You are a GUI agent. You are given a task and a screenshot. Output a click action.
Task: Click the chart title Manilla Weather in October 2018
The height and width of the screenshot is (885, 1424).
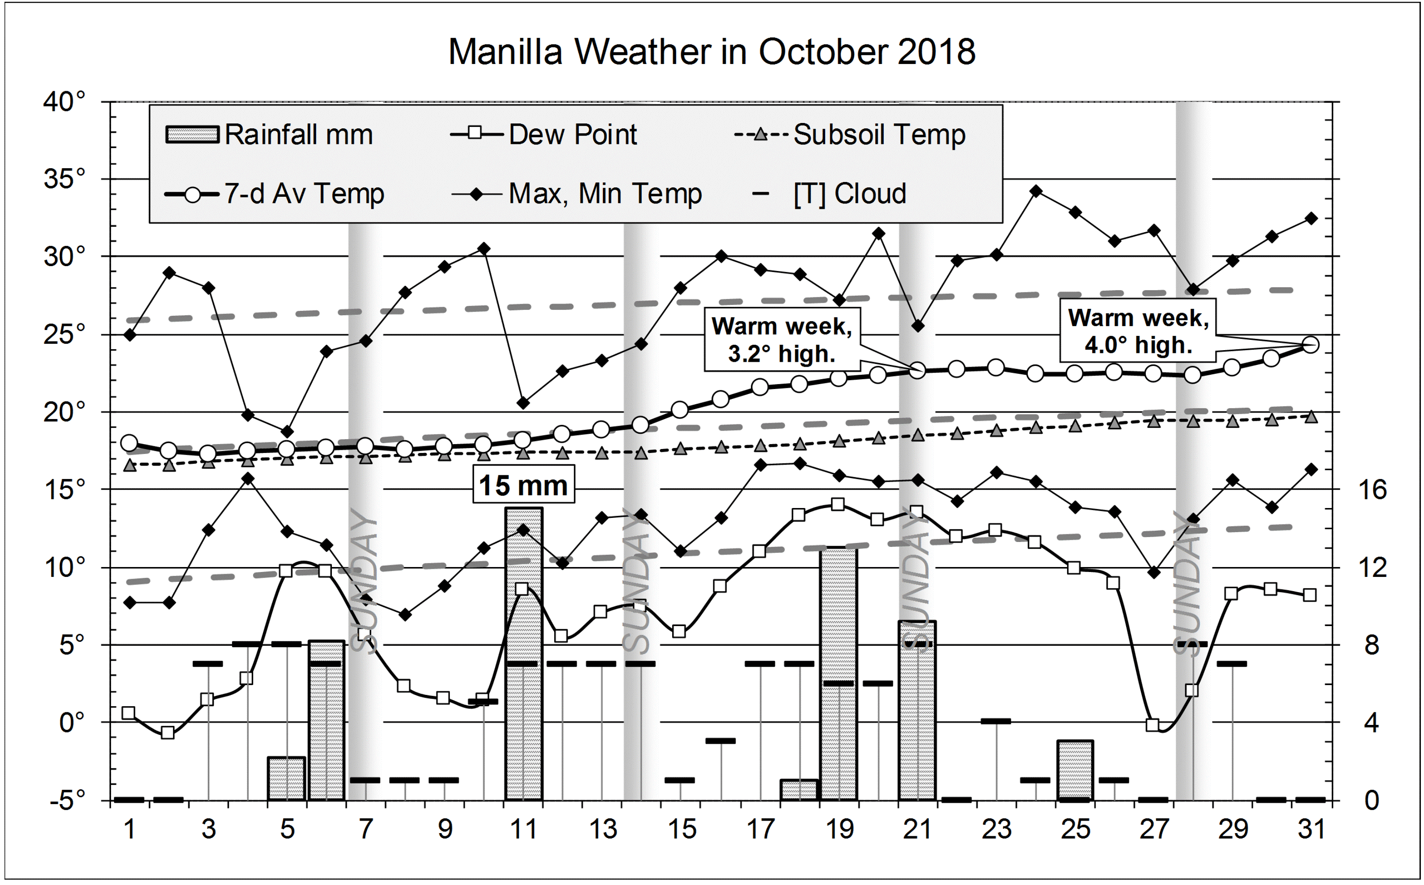point(711,51)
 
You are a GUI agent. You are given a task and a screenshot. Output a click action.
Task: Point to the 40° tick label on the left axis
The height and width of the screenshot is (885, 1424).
point(64,102)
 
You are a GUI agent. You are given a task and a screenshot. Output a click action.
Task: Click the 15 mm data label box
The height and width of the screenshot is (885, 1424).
point(523,485)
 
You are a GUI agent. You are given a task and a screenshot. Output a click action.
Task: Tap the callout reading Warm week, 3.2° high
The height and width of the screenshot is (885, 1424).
point(781,339)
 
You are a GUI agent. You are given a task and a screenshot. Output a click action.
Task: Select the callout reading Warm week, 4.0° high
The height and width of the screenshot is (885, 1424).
point(1138,331)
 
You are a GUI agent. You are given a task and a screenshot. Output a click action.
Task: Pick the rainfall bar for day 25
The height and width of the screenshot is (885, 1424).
point(1075,770)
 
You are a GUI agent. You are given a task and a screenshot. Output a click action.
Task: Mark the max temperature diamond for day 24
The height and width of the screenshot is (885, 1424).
point(1036,191)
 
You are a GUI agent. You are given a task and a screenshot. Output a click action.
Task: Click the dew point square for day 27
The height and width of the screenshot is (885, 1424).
point(1153,724)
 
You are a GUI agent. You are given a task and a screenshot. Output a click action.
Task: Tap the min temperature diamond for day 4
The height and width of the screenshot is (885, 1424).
point(248,478)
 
